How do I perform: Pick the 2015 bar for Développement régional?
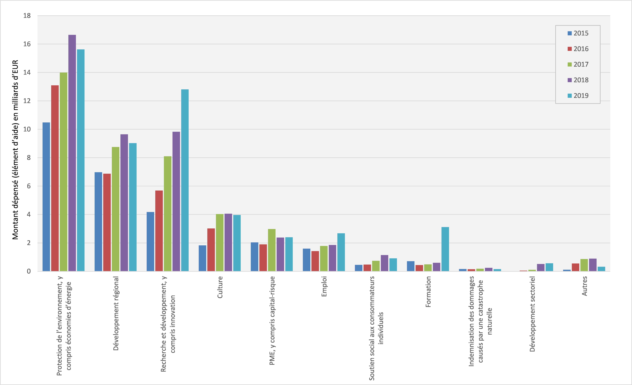[x=98, y=222]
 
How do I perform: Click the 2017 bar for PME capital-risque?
[x=272, y=250]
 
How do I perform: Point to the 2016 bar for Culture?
[x=211, y=250]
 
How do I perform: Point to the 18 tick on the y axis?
[x=27, y=16]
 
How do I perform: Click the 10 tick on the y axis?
[x=27, y=129]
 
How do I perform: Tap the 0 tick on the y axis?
[x=29, y=271]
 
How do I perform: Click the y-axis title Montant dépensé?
[x=15, y=150]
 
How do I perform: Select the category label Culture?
[x=220, y=287]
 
